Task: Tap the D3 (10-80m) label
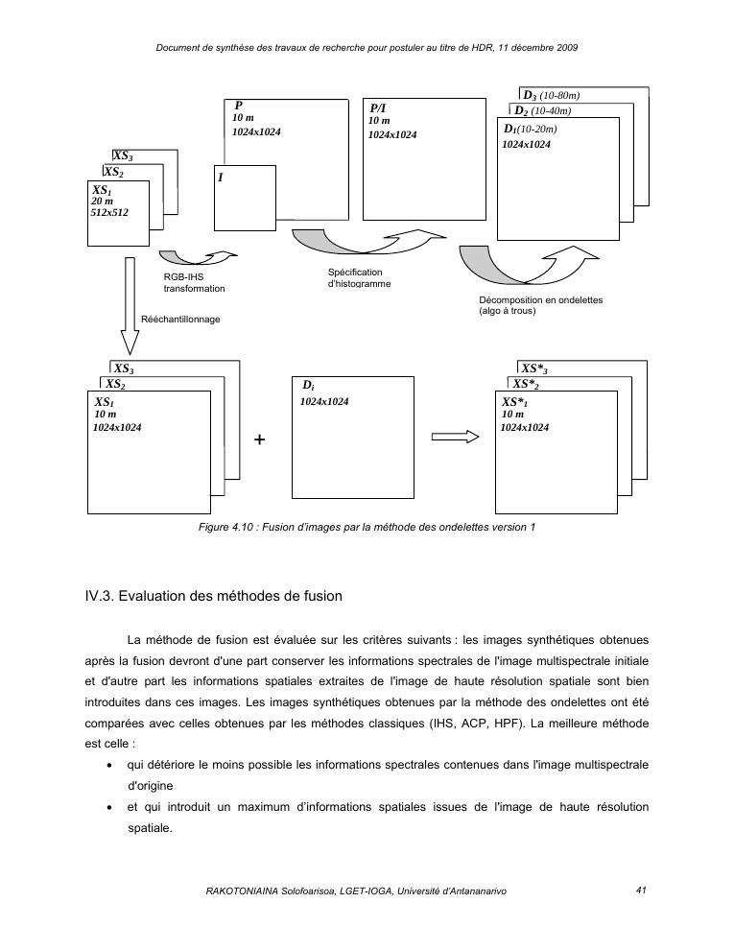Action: click(x=551, y=96)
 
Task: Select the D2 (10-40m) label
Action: click(x=542, y=111)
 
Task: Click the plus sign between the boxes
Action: click(x=259, y=439)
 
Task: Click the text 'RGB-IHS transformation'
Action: click(x=195, y=282)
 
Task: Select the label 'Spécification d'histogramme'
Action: click(x=359, y=278)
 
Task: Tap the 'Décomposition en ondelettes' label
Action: click(x=540, y=299)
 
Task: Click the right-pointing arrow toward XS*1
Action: click(x=455, y=436)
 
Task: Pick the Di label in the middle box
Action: click(x=307, y=386)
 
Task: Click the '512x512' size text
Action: click(x=109, y=213)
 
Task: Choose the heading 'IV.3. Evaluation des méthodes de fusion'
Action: click(x=213, y=596)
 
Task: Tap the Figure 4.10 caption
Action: click(x=367, y=527)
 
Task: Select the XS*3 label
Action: click(x=539, y=368)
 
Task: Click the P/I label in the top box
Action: click(x=378, y=109)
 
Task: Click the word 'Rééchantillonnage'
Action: click(x=180, y=319)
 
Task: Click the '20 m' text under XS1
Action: click(x=103, y=202)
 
